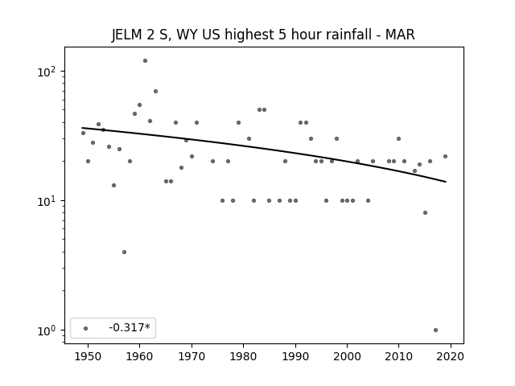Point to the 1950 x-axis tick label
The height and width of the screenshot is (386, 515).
click(88, 356)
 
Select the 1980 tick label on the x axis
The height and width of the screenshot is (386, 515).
click(243, 356)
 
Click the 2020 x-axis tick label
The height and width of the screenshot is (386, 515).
click(451, 356)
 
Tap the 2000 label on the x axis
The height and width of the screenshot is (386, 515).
click(347, 356)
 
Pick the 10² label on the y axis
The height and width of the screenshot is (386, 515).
click(47, 72)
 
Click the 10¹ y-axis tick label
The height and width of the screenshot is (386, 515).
click(47, 201)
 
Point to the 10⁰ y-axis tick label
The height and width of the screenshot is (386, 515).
click(47, 331)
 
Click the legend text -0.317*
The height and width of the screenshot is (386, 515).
click(130, 327)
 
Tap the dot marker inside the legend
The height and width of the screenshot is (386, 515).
click(86, 328)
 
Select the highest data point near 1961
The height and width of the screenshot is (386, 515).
click(145, 61)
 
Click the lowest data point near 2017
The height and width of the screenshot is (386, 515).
click(435, 331)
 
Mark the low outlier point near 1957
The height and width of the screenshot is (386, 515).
click(124, 252)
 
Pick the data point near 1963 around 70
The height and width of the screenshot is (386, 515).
click(155, 91)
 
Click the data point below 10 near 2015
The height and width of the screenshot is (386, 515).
click(426, 212)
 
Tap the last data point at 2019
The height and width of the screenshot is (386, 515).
click(445, 157)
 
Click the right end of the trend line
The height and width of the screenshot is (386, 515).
click(446, 182)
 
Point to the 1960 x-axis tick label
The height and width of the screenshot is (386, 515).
click(139, 356)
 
